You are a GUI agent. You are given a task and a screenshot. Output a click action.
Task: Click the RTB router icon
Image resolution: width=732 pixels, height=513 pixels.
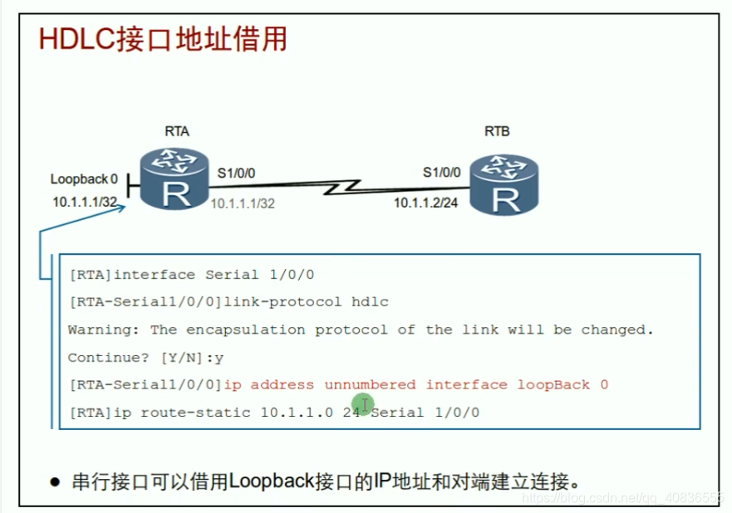tap(503, 185)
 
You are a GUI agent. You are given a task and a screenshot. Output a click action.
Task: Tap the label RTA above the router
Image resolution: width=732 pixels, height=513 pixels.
tap(177, 131)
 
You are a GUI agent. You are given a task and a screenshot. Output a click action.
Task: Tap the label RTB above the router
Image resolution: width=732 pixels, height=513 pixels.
tap(497, 131)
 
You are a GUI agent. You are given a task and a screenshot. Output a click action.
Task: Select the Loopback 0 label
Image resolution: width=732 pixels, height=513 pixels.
tap(84, 178)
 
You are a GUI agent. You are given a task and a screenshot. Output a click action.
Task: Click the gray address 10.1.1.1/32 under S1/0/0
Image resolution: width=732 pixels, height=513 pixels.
tap(242, 203)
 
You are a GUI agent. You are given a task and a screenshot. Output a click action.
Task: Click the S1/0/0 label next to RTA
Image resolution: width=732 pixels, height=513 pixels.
tap(237, 173)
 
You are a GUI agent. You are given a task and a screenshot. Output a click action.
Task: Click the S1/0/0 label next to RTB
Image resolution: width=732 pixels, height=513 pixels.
tap(441, 173)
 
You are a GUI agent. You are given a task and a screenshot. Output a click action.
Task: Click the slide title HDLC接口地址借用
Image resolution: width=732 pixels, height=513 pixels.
tap(164, 39)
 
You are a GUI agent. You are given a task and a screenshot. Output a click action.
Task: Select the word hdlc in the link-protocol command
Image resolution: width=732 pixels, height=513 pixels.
tap(371, 302)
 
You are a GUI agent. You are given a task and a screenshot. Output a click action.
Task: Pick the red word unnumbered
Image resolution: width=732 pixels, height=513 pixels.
tap(371, 384)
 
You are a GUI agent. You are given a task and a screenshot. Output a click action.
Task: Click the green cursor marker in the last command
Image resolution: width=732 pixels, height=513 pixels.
tap(364, 406)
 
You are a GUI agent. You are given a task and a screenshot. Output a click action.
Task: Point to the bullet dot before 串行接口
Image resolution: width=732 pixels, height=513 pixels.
tap(56, 481)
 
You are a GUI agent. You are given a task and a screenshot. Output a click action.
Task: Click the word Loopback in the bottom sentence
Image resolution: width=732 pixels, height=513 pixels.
tap(264, 481)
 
